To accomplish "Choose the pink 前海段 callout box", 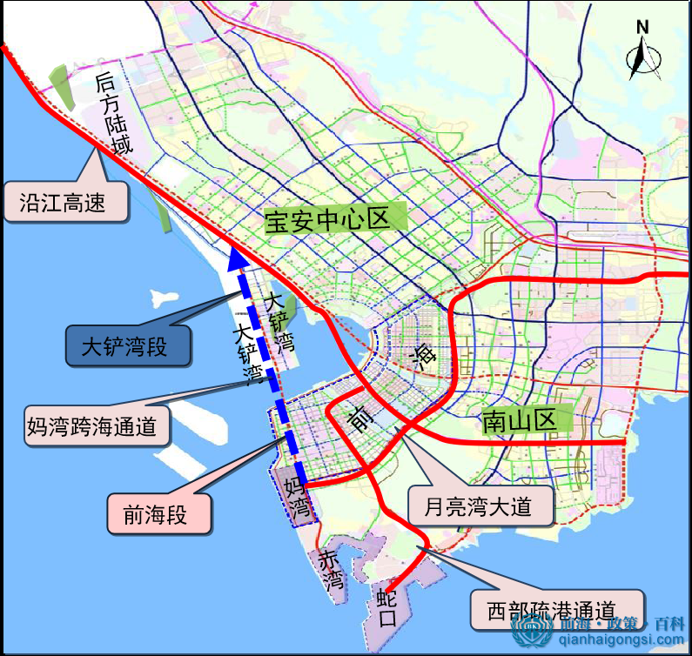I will click(159, 514).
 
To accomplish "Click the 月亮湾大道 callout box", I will click(481, 505).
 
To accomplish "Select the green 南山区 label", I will click(519, 422).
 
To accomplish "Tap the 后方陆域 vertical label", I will click(115, 114).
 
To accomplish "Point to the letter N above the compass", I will click(642, 26).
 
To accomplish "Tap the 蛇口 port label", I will click(388, 608).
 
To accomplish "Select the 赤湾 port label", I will click(331, 570).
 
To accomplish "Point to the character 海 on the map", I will click(424, 356).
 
